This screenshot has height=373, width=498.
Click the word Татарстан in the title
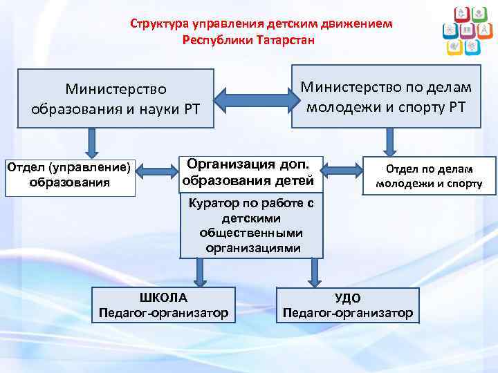tap(285, 39)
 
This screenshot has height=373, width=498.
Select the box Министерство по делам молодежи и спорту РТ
tap(386, 96)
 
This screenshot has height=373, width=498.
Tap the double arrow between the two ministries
tap(252, 98)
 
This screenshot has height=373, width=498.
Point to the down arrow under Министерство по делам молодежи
tap(389, 144)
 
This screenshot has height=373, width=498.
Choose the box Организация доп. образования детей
tap(251, 173)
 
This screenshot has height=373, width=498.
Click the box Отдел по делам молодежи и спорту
tap(429, 175)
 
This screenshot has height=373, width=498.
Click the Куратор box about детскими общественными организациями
tap(252, 225)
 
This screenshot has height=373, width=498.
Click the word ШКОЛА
tap(163, 298)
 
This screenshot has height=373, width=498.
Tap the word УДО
tap(347, 298)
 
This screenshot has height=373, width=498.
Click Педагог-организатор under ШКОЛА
tap(163, 313)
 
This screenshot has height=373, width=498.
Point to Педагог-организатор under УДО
tap(348, 313)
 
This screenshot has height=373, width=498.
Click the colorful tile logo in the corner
tap(462, 31)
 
